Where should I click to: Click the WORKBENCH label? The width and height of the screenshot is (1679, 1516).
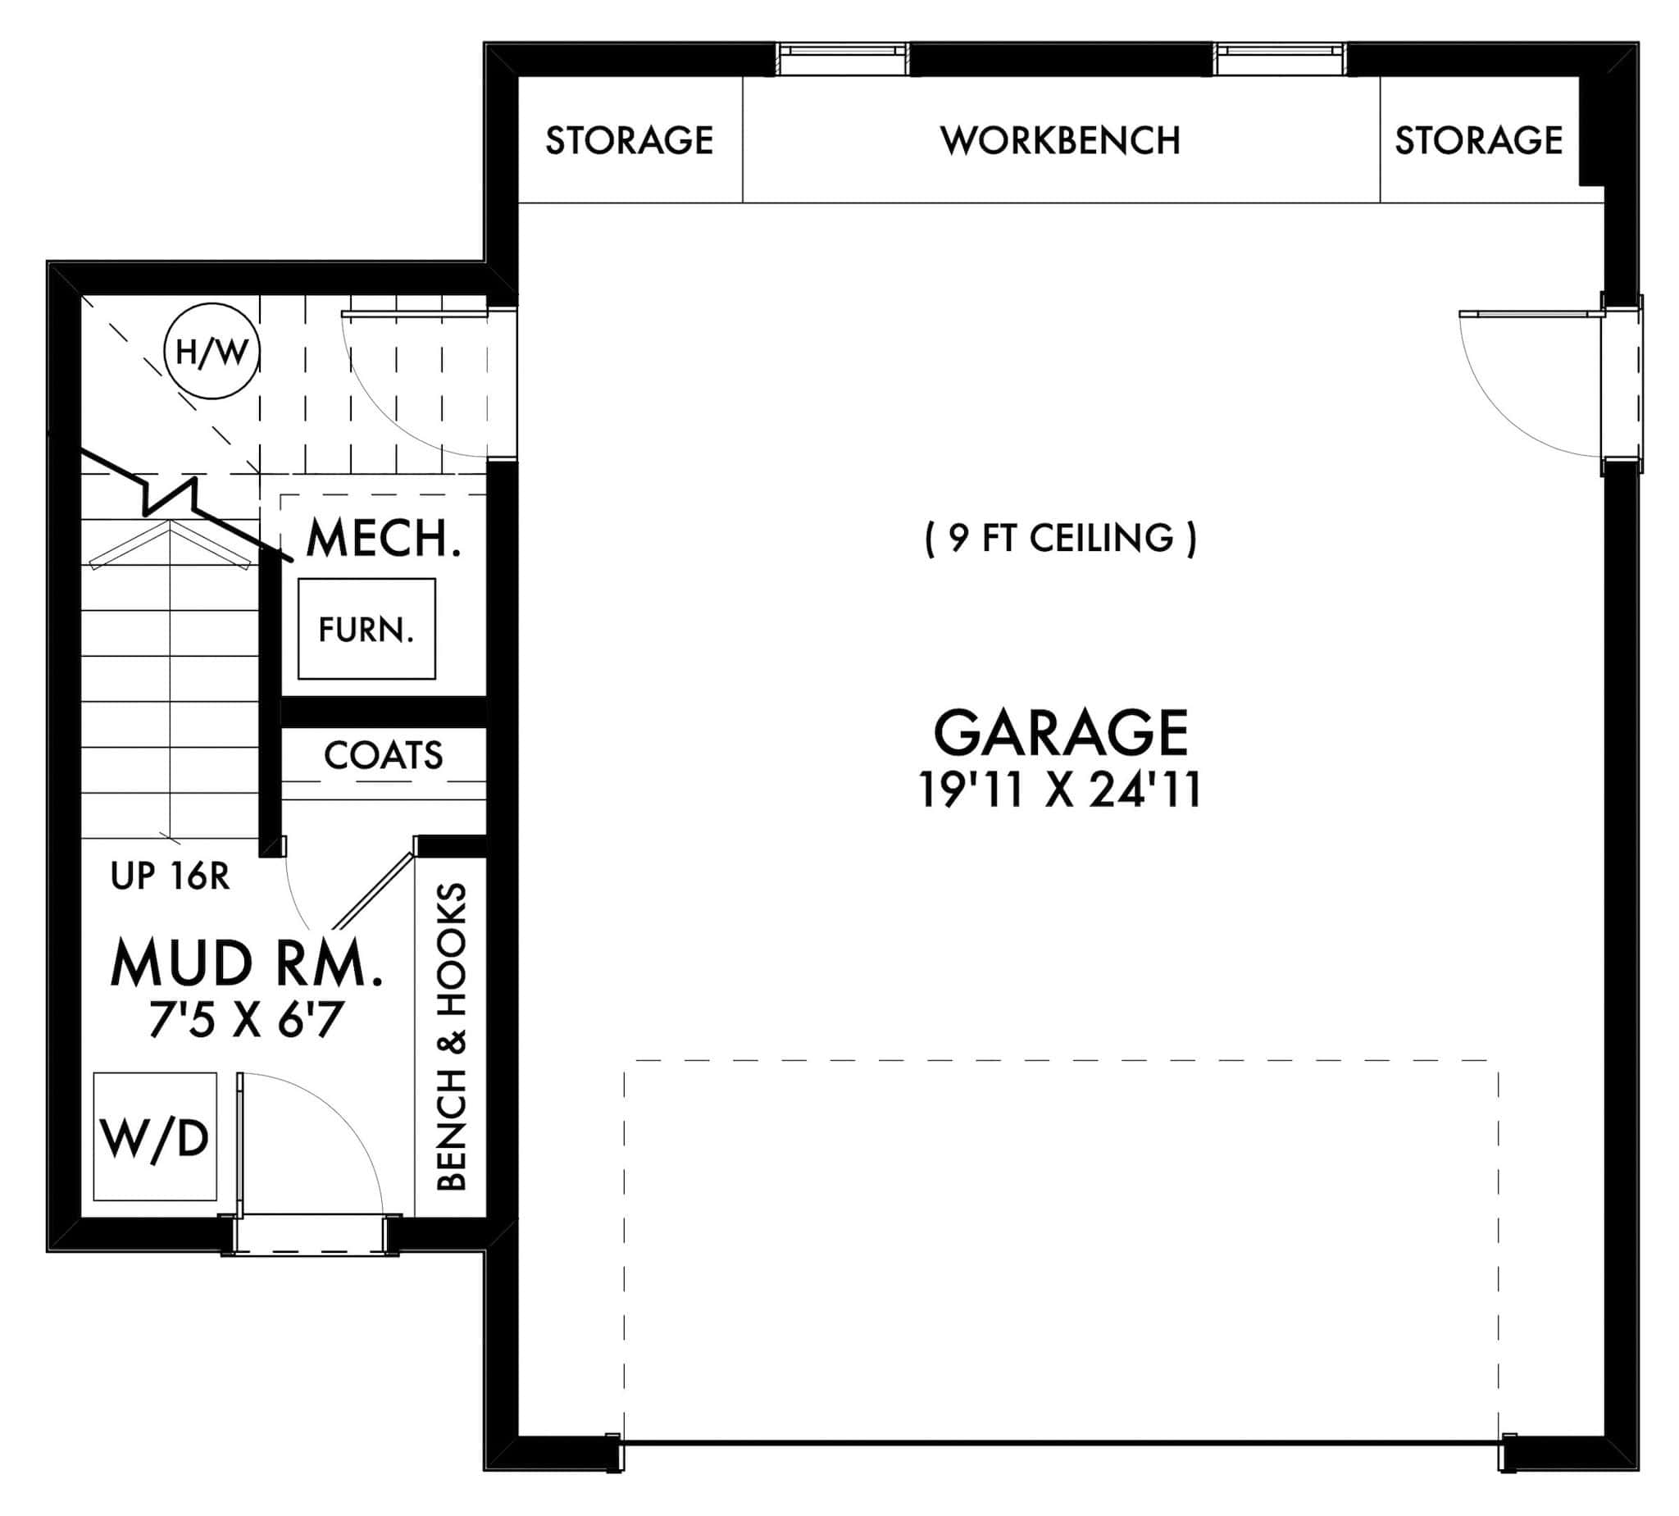point(1059,141)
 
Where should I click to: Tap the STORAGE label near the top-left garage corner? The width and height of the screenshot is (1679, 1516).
point(629,141)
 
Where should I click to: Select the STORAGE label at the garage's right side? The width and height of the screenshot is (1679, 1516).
point(1478,141)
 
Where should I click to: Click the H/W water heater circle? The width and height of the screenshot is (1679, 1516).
point(212,352)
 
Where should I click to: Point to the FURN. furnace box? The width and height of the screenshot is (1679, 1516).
point(366,629)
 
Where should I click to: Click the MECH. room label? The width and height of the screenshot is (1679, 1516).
point(383,539)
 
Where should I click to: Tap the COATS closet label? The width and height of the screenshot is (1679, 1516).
point(383,755)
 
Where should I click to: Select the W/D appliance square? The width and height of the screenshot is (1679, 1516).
point(155,1137)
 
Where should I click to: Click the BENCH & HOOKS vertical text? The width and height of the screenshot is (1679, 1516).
point(452,1037)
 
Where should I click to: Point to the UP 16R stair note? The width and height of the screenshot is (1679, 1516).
point(170,876)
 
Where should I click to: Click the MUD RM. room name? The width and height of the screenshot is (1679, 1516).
point(247,963)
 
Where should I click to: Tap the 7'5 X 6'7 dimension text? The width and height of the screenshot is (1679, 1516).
point(247,1021)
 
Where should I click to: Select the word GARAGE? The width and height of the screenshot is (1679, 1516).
point(1059,733)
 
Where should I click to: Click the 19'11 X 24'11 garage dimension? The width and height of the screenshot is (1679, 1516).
point(1059,790)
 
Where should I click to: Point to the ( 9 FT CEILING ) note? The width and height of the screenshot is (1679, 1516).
point(1059,538)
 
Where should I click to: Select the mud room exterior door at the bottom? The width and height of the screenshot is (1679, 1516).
point(310,1236)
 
